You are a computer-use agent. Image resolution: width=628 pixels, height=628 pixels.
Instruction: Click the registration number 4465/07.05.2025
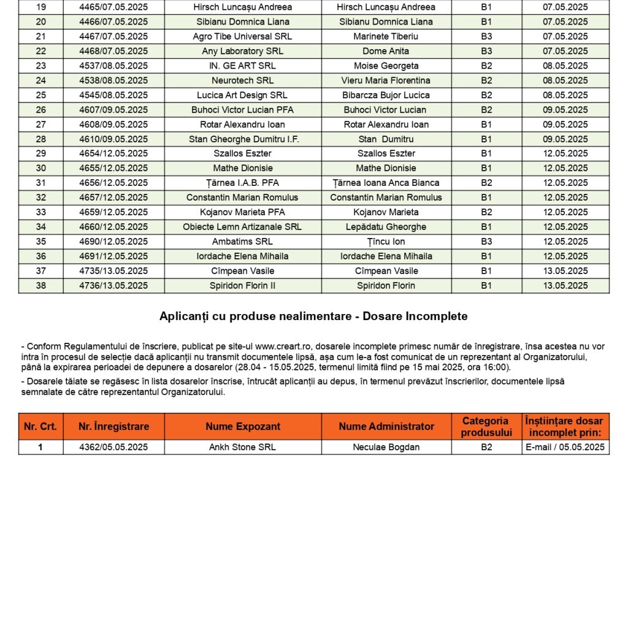[113, 7]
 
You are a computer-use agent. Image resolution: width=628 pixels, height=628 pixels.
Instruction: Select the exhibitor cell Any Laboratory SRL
[242, 51]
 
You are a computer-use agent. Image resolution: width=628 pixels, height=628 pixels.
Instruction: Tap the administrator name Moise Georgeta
[386, 66]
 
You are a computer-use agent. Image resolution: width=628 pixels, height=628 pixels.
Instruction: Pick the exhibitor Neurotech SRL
[242, 80]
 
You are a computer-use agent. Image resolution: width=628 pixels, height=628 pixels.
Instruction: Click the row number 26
[40, 110]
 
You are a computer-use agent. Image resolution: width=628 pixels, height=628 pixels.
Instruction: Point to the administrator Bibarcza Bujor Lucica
[386, 95]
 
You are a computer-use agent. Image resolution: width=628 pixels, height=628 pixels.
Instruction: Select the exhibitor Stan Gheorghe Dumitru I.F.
[242, 139]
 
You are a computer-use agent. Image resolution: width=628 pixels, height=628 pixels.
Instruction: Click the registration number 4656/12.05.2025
[113, 183]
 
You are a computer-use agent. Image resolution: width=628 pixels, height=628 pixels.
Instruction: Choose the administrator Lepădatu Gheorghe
[386, 227]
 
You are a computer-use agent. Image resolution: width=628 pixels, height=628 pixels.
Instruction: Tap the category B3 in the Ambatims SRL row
[486, 242]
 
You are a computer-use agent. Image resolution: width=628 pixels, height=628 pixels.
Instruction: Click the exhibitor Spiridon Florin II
[242, 285]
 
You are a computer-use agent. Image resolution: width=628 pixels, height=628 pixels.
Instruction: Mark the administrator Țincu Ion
[386, 242]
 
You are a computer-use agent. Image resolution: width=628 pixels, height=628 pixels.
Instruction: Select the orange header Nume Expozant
[243, 426]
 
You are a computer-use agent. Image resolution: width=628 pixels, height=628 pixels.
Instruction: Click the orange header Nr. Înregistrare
[113, 426]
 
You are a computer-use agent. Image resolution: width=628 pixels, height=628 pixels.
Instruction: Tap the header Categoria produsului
[486, 426]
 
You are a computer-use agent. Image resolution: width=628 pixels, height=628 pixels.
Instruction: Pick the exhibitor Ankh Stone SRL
[242, 447]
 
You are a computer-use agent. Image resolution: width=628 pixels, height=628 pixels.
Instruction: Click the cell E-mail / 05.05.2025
[565, 447]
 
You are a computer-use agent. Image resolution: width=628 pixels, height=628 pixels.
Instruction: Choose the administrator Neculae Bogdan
[386, 447]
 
